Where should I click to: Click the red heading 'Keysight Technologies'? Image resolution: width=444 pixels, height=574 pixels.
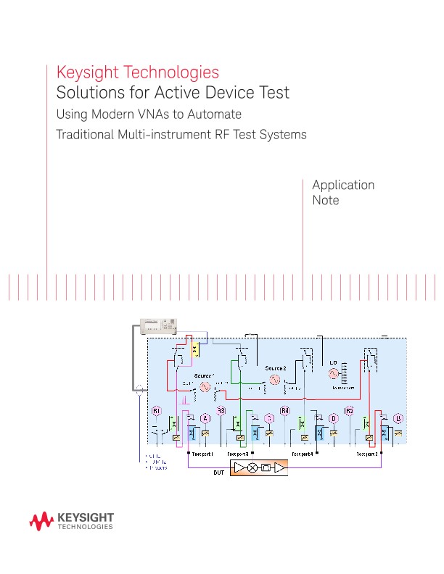click(138, 72)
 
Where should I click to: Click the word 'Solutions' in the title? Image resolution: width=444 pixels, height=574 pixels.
click(87, 93)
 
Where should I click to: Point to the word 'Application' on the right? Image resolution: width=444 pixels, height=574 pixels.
click(343, 185)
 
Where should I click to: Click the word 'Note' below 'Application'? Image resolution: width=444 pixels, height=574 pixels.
click(325, 200)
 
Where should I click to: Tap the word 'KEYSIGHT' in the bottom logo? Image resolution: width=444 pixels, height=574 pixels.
click(84, 517)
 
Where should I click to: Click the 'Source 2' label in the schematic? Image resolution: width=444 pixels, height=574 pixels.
click(276, 368)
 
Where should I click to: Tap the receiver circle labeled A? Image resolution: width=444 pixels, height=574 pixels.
click(205, 418)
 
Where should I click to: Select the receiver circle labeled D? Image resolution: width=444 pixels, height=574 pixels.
click(334, 418)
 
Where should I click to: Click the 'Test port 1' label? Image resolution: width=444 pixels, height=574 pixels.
click(201, 453)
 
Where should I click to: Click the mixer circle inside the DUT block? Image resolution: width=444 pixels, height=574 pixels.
click(252, 469)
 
